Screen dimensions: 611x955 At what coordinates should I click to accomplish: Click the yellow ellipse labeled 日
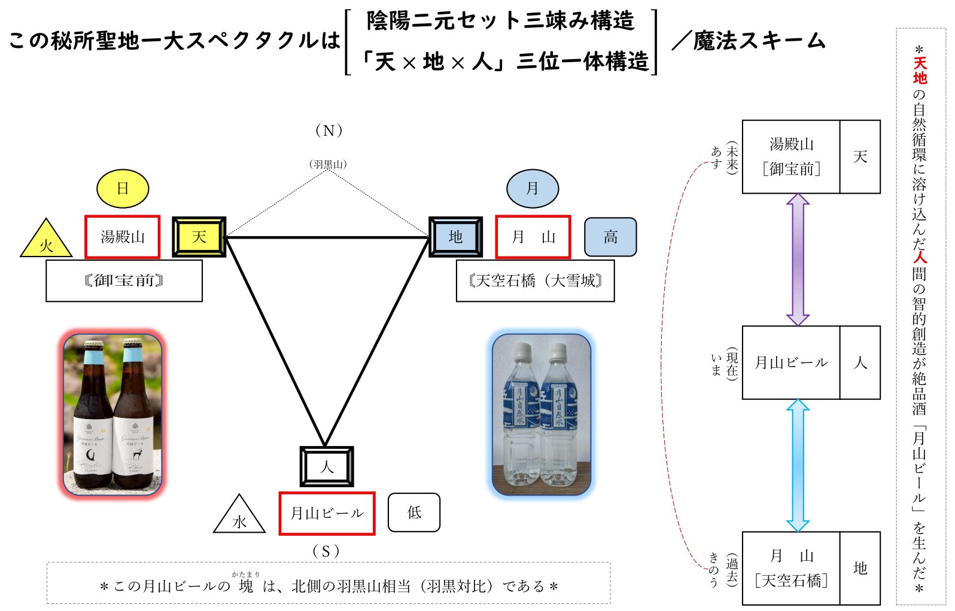tap(123, 188)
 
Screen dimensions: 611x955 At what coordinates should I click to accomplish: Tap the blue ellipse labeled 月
tap(533, 188)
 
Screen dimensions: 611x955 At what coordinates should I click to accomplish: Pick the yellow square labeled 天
tap(199, 237)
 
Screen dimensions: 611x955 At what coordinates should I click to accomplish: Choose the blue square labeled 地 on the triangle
tap(455, 237)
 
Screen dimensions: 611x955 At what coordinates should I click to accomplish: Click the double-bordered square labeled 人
tap(327, 466)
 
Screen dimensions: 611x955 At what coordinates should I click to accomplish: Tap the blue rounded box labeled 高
tap(610, 237)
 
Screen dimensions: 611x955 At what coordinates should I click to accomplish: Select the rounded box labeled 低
tap(414, 512)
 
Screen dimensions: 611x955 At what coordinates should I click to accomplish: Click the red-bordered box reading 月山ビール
tap(327, 513)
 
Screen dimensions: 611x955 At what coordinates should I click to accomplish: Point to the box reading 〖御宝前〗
tap(124, 280)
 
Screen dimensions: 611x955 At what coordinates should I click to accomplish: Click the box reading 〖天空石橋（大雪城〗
tap(535, 280)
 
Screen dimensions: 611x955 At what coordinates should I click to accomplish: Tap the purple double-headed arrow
tap(798, 259)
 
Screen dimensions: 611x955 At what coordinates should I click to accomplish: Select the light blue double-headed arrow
tap(798, 465)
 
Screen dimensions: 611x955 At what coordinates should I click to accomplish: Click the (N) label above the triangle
tap(329, 131)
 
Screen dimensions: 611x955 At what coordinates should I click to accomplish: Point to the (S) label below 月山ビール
tap(326, 551)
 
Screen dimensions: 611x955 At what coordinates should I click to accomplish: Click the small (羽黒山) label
tap(328, 164)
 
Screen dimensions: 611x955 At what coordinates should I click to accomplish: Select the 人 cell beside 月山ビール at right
tap(860, 363)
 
